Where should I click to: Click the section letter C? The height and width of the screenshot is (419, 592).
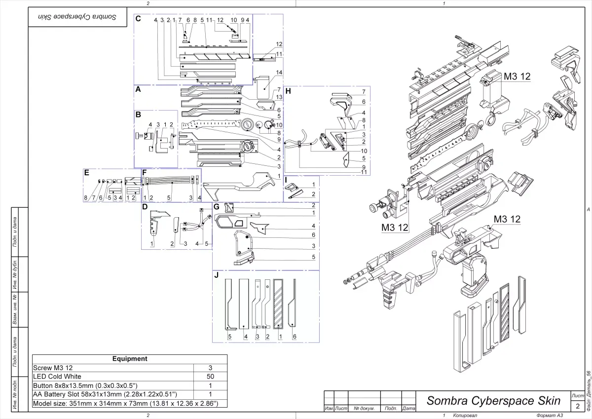coord(139,19)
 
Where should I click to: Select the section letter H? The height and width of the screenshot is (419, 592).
coord(288,91)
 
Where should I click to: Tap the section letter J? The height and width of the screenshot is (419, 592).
coord(217,275)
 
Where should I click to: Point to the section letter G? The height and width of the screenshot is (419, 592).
coord(216,206)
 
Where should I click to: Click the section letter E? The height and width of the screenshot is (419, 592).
coord(87,173)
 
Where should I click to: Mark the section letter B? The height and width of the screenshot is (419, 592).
coord(139,114)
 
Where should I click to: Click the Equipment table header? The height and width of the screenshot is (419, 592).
coord(130,359)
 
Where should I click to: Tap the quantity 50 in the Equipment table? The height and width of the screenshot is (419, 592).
coord(210,377)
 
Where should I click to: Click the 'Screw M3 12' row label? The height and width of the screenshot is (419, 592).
coord(52,368)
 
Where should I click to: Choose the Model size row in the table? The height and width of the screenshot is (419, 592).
coord(125,403)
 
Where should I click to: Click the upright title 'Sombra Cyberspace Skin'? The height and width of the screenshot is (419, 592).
coord(493,400)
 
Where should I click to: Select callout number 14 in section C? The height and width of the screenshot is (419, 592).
coord(279,73)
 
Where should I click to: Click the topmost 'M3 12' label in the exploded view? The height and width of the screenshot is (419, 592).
coord(517,76)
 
